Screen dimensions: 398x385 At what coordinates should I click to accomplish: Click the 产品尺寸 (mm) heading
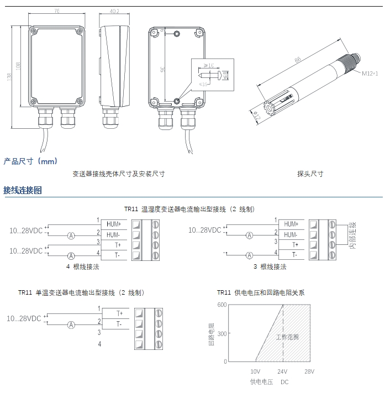point(30,161)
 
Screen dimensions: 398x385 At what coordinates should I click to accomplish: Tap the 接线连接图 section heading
point(23,191)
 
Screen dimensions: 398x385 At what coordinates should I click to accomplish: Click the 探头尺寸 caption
point(310,174)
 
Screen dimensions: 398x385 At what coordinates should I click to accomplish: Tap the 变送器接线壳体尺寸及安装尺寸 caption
point(119,174)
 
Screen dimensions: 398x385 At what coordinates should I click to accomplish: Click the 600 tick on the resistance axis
point(221,305)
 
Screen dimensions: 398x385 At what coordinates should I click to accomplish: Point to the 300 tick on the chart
point(221,333)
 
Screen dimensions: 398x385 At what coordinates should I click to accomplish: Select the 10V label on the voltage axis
point(255,371)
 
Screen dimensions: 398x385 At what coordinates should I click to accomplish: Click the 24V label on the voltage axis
point(282,371)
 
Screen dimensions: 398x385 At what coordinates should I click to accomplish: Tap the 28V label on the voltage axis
point(309,371)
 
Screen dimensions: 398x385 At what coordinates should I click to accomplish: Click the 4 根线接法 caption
point(83,266)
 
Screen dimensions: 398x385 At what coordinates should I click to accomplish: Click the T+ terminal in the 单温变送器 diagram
point(119,313)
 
